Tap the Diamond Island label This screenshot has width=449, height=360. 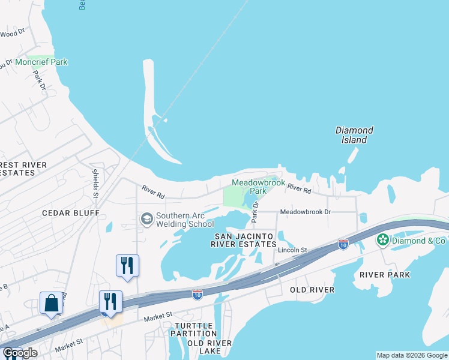[x=354, y=135]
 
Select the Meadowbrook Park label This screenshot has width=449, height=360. [x=249, y=187]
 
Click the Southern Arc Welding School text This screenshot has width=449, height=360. [x=185, y=220]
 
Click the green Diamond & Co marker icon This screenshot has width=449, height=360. [x=383, y=240]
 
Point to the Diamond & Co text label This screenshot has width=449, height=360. [x=419, y=241]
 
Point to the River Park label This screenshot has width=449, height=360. [x=385, y=275]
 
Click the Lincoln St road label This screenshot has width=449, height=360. [x=292, y=250]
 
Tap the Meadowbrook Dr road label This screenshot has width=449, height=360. [x=306, y=212]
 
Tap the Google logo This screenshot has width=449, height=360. [x=20, y=353]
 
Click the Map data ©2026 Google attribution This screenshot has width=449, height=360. [x=412, y=355]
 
